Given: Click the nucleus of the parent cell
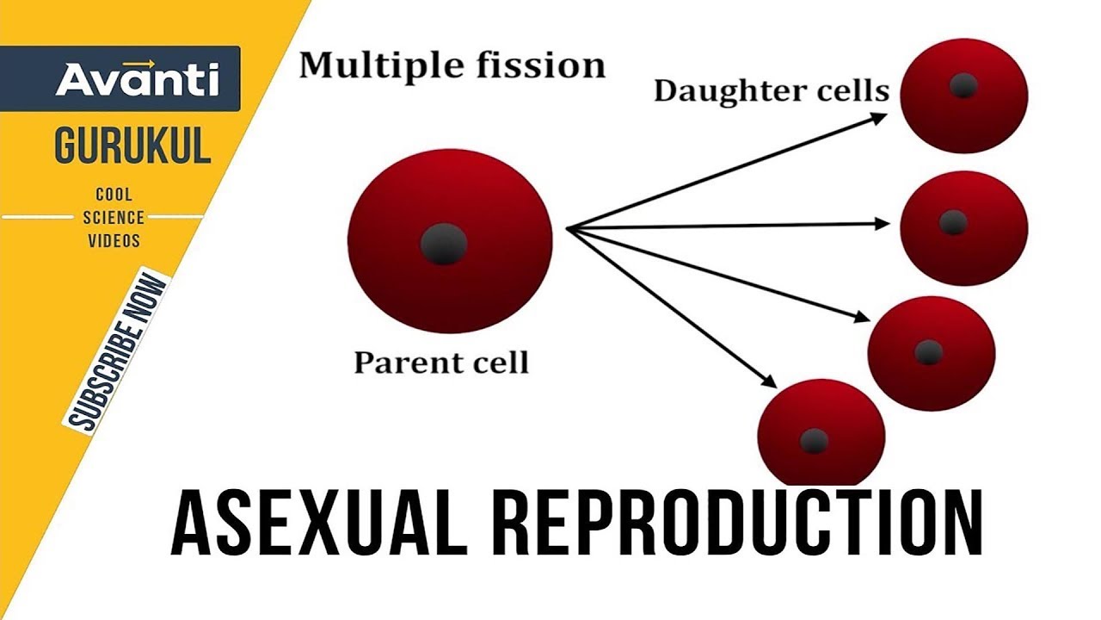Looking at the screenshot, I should [x=444, y=244].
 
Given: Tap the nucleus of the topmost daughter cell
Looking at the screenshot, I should [x=963, y=85].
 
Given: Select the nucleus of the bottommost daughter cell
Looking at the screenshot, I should [x=814, y=441].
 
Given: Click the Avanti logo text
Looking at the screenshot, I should [x=138, y=79].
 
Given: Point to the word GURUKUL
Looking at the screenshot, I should [x=132, y=146].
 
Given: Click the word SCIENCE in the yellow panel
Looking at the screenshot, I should [x=114, y=218].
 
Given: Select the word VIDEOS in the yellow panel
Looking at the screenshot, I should [x=114, y=240].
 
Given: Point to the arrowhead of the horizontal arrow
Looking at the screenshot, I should [x=883, y=224].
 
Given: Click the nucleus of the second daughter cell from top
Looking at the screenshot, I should [x=952, y=222].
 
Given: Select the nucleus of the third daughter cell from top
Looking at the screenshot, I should [x=928, y=351].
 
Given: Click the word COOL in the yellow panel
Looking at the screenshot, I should [x=114, y=195].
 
